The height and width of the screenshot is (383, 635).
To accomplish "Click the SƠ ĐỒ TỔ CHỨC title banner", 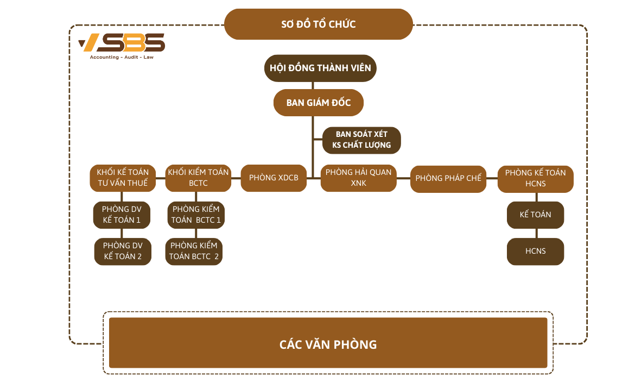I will (319, 24).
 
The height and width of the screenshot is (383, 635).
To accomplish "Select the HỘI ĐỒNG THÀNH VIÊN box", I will (320, 68).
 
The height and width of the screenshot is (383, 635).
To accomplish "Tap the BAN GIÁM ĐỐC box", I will (319, 103).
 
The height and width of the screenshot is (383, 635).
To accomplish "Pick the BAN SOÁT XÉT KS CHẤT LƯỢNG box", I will (361, 140).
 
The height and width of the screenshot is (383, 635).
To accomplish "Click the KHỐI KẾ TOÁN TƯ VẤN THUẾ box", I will (123, 178).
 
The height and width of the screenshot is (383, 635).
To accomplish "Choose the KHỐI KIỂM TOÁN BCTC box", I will (198, 178).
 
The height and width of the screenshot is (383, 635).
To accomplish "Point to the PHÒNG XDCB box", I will (274, 178).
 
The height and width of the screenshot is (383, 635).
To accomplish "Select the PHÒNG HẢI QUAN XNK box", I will (358, 178).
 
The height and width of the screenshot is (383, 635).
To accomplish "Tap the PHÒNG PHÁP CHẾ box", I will (448, 178).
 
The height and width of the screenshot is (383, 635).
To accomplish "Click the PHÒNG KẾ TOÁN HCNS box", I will (535, 178).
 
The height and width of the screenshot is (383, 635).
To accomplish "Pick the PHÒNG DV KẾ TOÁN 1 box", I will (122, 215).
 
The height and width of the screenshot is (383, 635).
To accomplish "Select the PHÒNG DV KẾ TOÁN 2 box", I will (122, 251).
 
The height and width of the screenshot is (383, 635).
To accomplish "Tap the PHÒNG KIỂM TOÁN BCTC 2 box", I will (194, 251).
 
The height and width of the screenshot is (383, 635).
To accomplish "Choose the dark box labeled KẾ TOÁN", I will (535, 215).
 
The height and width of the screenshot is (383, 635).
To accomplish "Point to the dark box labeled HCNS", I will (535, 252).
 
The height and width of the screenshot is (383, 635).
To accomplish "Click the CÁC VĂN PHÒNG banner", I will (328, 344).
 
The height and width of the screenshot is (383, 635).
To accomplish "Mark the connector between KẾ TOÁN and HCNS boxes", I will (536, 233).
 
